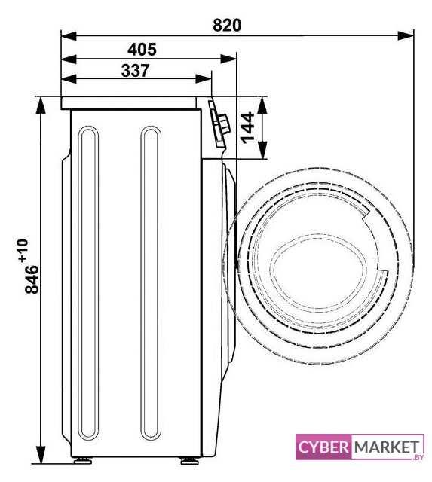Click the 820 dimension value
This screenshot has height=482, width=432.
(227, 25)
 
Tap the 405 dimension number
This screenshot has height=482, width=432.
(142, 50)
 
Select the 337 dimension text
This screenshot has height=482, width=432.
(135, 70)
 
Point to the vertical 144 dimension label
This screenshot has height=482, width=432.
(247, 128)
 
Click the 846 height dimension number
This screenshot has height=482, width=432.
(32, 279)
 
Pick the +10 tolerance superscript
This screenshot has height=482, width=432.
(23, 251)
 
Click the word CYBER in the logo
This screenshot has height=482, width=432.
(323, 447)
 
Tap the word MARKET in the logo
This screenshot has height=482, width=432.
(387, 447)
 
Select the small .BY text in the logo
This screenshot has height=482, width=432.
(417, 457)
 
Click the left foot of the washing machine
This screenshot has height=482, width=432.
(83, 460)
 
